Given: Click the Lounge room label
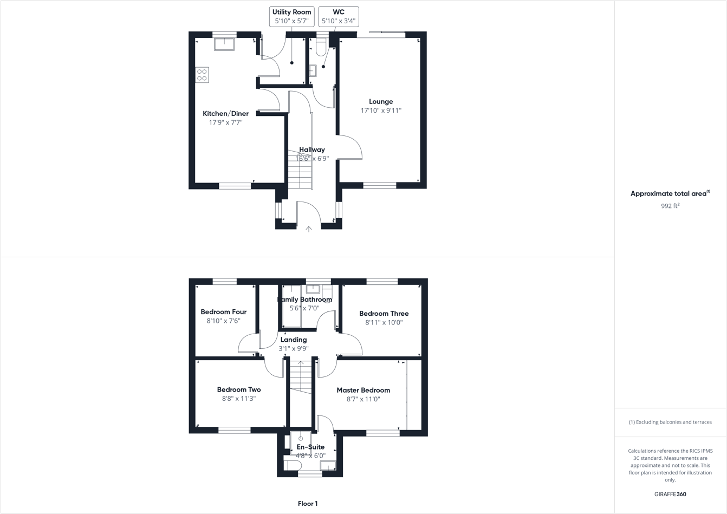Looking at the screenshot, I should [381, 101].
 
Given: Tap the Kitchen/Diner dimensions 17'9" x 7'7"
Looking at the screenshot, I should [225, 123].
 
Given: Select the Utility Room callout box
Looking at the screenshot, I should [291, 16].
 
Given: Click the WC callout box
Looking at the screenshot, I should [339, 16].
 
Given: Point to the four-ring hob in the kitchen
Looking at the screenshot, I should [202, 75].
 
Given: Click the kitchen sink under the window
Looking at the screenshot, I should [224, 43].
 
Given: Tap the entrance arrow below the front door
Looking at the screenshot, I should [309, 229].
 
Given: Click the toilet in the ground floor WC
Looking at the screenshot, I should [321, 48].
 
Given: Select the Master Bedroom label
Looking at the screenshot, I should [363, 390].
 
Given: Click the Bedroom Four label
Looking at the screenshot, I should [223, 312].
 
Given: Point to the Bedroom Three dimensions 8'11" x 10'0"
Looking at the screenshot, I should [384, 322].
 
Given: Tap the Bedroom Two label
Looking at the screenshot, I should [239, 389].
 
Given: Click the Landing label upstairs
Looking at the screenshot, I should [294, 340].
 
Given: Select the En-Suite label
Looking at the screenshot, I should [310, 447].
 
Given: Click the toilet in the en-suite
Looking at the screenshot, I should [293, 466].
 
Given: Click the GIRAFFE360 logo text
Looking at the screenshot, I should [670, 494].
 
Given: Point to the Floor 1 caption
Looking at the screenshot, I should [308, 504].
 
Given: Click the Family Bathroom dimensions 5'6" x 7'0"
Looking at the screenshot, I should [304, 308].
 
